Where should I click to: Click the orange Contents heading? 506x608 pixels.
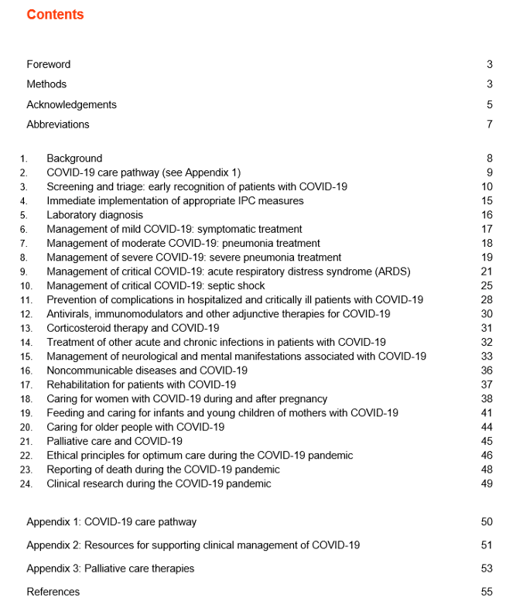55,15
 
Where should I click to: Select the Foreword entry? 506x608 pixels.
48,64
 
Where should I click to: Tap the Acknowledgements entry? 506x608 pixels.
71,104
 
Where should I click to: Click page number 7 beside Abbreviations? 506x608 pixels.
490,125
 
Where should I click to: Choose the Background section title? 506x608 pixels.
74,159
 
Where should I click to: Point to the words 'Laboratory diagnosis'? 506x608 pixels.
94,215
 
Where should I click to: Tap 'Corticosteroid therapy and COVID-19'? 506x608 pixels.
132,328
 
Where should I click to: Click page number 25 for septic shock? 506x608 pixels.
487,286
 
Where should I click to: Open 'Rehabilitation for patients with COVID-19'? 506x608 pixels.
141,384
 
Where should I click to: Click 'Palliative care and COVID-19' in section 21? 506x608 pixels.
115,442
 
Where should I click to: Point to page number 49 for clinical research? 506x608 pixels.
487,484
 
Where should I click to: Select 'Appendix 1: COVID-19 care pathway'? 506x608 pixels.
111,522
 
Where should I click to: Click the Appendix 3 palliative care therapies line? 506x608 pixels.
110,569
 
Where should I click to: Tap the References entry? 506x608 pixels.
53,592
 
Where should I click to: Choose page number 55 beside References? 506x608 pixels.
487,592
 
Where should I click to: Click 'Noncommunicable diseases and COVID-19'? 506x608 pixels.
147,371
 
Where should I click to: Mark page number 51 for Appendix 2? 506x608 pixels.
487,545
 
